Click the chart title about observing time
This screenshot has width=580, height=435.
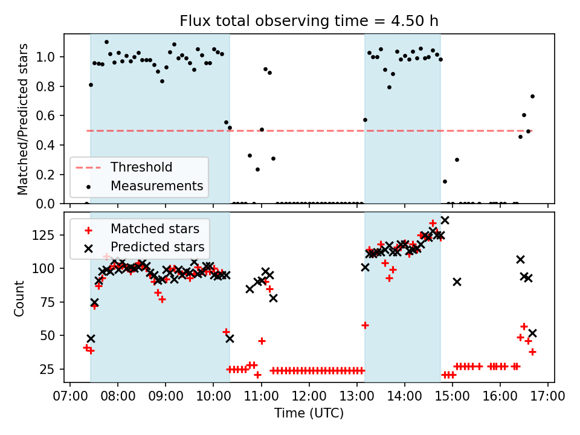coord(309,21)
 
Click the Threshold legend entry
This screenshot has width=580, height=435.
coord(141,167)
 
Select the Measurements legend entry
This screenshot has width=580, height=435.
coord(156,186)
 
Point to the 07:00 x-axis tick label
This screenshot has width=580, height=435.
coord(69,396)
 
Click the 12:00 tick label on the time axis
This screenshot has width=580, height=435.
coord(309,396)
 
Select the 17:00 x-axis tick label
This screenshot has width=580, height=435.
coord(547,396)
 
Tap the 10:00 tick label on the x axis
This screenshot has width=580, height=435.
coord(213,396)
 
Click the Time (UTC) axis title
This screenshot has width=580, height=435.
coord(309,413)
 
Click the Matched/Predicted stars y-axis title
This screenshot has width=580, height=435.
coord(23,119)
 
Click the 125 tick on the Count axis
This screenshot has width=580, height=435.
coord(48,234)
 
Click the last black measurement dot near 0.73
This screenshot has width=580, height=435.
coord(532,96)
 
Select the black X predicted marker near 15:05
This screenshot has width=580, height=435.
coord(457,282)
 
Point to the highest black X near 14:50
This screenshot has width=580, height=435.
coord(445,221)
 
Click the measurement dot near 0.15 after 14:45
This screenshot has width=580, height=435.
coord(445,181)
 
